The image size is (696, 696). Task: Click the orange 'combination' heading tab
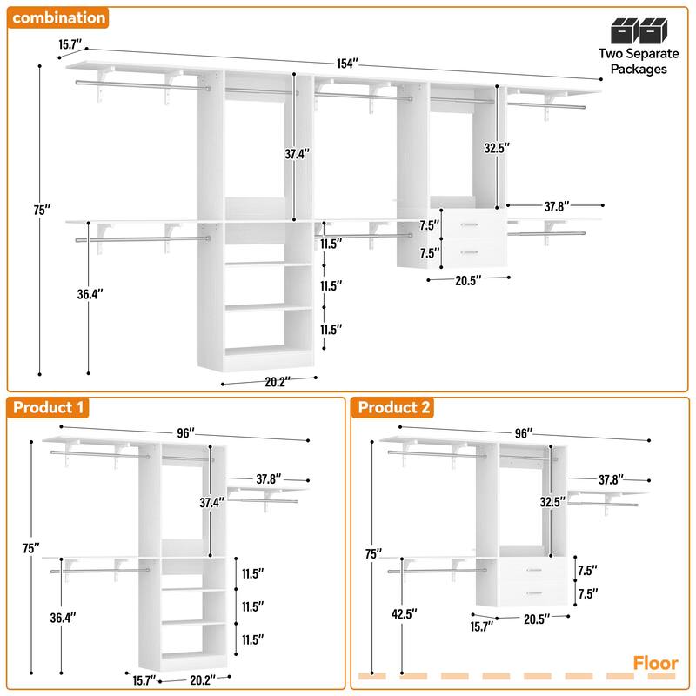click(59, 17)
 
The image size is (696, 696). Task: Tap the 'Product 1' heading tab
click(49, 407)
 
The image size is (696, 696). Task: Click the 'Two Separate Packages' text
click(632, 61)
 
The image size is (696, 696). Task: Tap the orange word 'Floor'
click(654, 663)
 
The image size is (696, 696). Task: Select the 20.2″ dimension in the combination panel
click(276, 379)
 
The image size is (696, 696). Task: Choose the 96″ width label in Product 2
click(523, 432)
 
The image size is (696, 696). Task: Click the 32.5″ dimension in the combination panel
click(495, 148)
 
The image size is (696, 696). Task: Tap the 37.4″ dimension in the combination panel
click(297, 153)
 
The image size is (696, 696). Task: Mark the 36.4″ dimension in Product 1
click(63, 617)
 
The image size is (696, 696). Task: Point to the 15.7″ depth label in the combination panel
click(71, 43)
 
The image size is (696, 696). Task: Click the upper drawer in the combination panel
click(470, 225)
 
